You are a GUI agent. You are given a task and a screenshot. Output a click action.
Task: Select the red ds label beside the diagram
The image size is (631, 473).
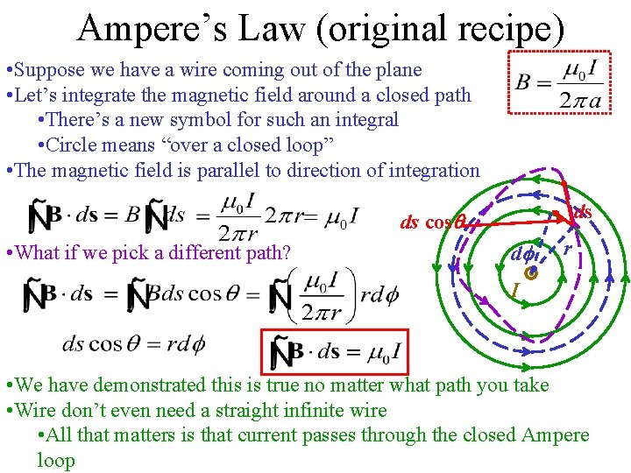click(582, 212)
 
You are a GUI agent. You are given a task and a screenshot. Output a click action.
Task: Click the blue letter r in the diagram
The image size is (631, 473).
click(568, 251)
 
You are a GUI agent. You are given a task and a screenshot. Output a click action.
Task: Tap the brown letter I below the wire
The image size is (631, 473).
click(516, 289)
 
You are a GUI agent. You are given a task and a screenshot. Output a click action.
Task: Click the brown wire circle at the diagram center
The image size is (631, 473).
click(530, 273)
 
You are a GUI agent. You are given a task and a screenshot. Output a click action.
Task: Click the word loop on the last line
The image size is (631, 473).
click(56, 460)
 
